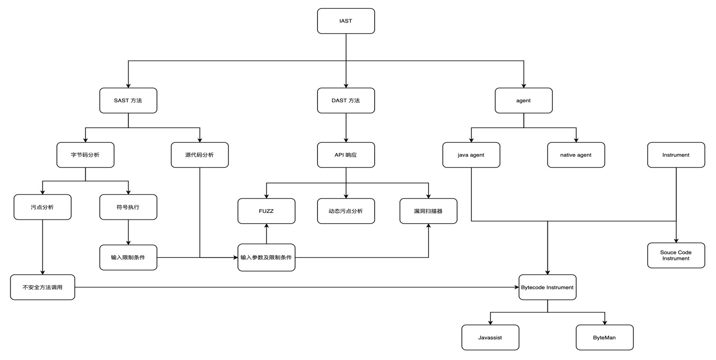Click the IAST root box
[346, 21]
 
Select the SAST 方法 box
[128, 100]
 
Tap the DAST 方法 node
[346, 100]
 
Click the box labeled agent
[523, 100]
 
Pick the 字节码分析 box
[85, 155]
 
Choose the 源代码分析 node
[200, 155]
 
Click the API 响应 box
[346, 155]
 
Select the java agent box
[471, 155]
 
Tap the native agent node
[576, 155]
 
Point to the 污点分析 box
[42, 207]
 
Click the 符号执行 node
[128, 207]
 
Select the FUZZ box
[266, 211]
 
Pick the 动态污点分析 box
[346, 211]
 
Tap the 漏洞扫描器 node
[428, 211]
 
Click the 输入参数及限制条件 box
[266, 257]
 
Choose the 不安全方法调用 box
[42, 287]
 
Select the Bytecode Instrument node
[547, 287]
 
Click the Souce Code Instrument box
[676, 255]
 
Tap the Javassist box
[490, 337]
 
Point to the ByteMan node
[604, 337]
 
